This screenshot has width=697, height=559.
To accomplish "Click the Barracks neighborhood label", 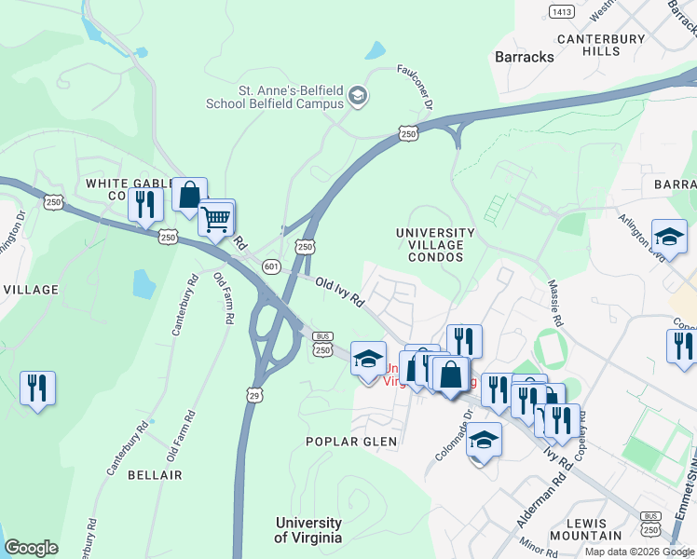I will click(x=524, y=57).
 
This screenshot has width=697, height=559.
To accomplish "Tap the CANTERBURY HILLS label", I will click(x=601, y=45).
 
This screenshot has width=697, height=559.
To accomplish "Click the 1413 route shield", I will click(x=561, y=11).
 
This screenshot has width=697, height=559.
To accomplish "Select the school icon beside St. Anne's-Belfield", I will click(x=357, y=96).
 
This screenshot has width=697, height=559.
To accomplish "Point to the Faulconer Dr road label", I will click(x=416, y=87).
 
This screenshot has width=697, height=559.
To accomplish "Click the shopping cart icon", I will click(x=216, y=220).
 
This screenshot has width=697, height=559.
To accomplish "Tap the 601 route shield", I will click(x=271, y=266).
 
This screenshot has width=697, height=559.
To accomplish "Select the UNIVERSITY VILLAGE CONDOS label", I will click(x=435, y=245).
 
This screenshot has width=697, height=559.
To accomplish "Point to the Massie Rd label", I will click(x=556, y=304).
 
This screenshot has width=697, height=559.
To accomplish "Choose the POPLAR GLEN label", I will click(x=352, y=442).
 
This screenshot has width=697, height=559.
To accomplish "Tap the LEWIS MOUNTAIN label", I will click(x=586, y=529).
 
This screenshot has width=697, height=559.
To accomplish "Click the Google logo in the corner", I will click(x=31, y=548).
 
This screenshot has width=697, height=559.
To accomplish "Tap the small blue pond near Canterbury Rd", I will click(x=143, y=283).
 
